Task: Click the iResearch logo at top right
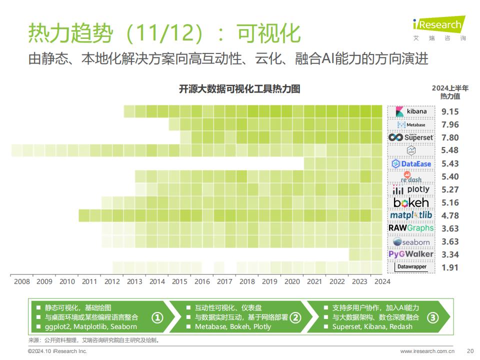(x=439, y=27)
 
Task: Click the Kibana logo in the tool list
(x=411, y=111)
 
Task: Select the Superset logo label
(x=411, y=137)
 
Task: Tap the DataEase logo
(x=411, y=164)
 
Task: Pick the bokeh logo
(x=411, y=202)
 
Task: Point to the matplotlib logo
(x=411, y=215)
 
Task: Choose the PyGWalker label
(x=411, y=254)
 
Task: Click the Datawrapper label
(x=411, y=267)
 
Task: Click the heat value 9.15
(x=450, y=111)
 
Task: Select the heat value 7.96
(x=450, y=124)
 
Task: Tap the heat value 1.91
(x=450, y=267)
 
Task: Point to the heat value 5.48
(x=450, y=150)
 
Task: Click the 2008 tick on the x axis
(x=22, y=281)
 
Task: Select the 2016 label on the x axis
(x=202, y=281)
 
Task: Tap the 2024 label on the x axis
(x=382, y=281)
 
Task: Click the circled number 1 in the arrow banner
(x=157, y=318)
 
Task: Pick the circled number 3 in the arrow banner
(x=432, y=318)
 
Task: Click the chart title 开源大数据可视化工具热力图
(x=239, y=89)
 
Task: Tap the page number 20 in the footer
(x=470, y=351)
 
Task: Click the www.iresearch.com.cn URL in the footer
(x=427, y=351)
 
